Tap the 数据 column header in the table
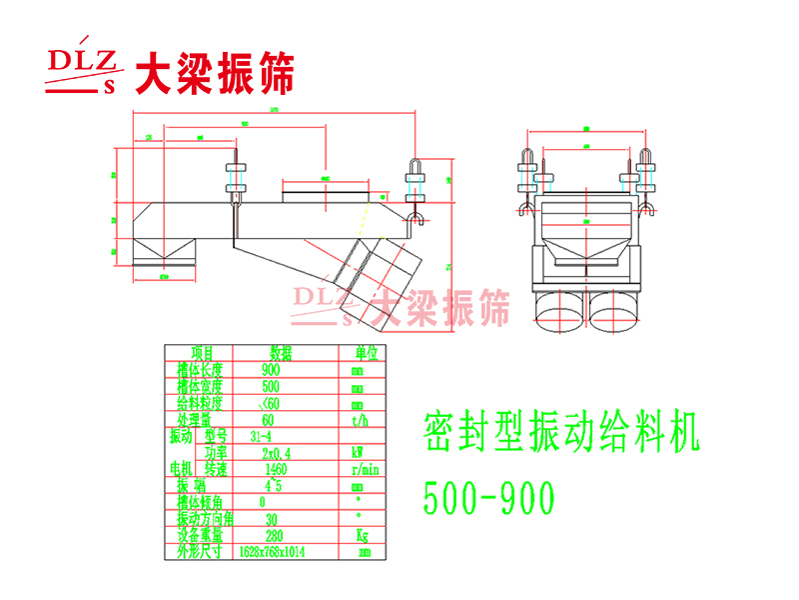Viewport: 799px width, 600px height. coord(281,352)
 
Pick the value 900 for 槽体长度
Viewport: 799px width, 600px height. coord(271,369)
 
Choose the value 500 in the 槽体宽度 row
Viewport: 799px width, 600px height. coord(271,386)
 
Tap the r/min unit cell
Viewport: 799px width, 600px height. coord(362,468)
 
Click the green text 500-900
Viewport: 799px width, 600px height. coord(488,497)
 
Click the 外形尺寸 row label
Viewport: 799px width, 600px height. coord(199,551)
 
